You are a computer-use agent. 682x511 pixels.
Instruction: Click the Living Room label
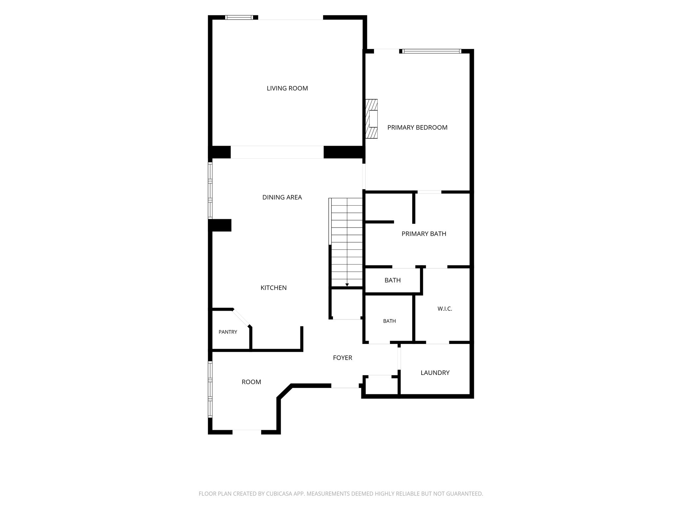287,88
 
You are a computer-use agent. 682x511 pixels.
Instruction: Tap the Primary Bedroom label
417,127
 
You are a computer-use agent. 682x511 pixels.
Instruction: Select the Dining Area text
282,197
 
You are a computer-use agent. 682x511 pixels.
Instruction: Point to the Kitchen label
273,288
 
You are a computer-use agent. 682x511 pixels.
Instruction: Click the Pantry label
228,332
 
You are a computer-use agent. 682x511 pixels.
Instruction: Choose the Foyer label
342,358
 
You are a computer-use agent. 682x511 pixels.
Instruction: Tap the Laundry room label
435,373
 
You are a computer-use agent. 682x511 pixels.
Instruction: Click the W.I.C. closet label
445,309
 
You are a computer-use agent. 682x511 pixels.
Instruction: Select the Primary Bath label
424,234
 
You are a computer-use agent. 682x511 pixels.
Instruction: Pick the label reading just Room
251,382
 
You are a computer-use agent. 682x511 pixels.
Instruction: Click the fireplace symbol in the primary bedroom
372,118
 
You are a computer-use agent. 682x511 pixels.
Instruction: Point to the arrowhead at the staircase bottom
347,285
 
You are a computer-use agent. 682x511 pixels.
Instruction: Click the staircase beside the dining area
346,242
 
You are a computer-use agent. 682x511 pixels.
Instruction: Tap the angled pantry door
241,318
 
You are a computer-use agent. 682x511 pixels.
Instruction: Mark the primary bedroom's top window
431,51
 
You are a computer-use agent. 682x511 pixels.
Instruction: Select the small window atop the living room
239,17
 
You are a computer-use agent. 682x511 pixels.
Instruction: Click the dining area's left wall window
210,190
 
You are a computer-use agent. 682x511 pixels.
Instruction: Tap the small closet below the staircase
346,304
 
